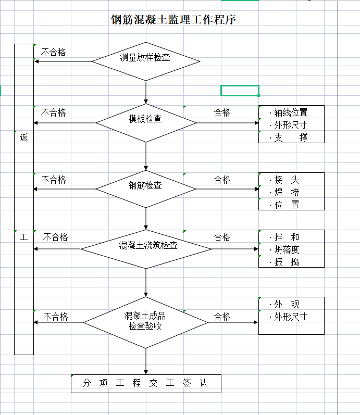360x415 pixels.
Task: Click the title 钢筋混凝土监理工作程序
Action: pyautogui.click(x=173, y=20)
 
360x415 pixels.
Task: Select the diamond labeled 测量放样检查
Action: pyautogui.click(x=146, y=61)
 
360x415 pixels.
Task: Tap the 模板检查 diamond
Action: pyautogui.click(x=146, y=123)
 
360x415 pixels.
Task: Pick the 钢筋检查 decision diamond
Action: pyautogui.click(x=146, y=189)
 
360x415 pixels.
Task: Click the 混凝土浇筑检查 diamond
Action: pyautogui.click(x=146, y=249)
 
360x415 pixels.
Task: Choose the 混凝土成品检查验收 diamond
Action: pyautogui.click(x=146, y=322)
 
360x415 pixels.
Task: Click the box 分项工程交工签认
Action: pyautogui.click(x=146, y=384)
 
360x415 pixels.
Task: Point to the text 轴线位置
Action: pyautogui.click(x=291, y=113)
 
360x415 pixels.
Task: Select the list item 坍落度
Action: pyautogui.click(x=287, y=249)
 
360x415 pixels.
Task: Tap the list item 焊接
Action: pyautogui.click(x=287, y=192)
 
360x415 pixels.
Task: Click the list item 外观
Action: pyautogui.click(x=287, y=305)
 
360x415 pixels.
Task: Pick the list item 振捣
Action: pyautogui.click(x=287, y=262)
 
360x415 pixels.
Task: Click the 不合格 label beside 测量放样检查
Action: pyautogui.click(x=53, y=53)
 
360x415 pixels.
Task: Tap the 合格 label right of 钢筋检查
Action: pyautogui.click(x=222, y=180)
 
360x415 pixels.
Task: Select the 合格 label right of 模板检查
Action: pyautogui.click(x=222, y=113)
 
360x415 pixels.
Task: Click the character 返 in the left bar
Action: pyautogui.click(x=23, y=137)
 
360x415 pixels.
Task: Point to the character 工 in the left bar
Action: pyautogui.click(x=23, y=237)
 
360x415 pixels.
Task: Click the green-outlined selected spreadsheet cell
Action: pyautogui.click(x=240, y=91)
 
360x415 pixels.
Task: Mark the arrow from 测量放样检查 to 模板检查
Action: pyautogui.click(x=146, y=92)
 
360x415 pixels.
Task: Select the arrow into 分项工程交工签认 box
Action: pyautogui.click(x=146, y=361)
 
